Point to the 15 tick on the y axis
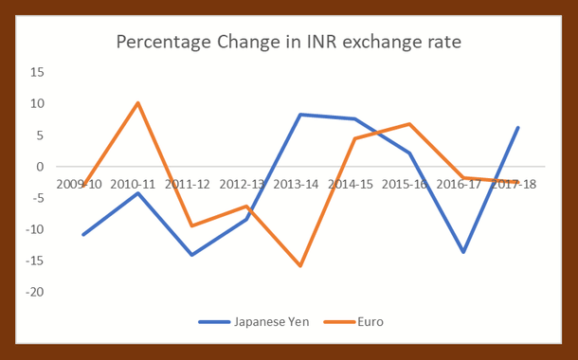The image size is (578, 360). [x=38, y=72]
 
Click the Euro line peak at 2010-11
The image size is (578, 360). [x=138, y=102]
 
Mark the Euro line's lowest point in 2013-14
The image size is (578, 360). [x=300, y=266]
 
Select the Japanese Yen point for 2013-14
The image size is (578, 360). [x=300, y=115]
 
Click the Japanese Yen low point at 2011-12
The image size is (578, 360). [x=192, y=255]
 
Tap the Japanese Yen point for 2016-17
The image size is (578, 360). [x=463, y=252]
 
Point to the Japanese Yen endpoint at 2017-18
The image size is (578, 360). [x=517, y=127]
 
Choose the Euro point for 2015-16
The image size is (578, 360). [x=408, y=124]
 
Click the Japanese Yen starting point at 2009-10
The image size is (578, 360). [x=83, y=234]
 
